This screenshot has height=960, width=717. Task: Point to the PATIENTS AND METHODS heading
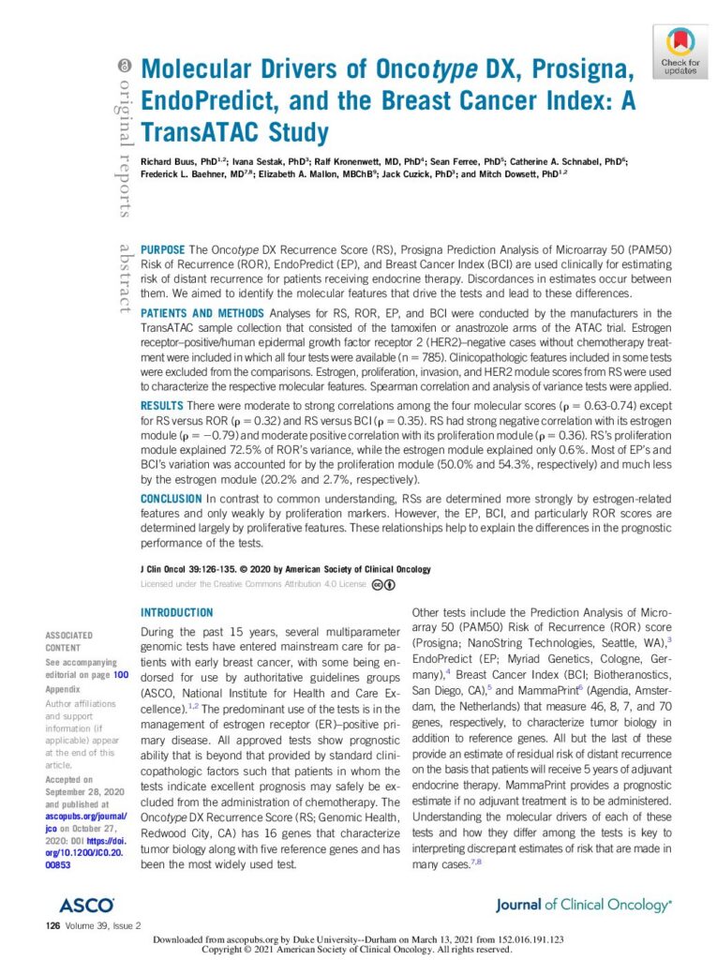click(201, 312)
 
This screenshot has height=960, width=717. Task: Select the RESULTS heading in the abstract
click(161, 404)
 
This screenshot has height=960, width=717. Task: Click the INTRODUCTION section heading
click(176, 612)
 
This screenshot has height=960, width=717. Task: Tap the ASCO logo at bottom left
click(86, 905)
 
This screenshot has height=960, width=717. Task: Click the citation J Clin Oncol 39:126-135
click(194, 569)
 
